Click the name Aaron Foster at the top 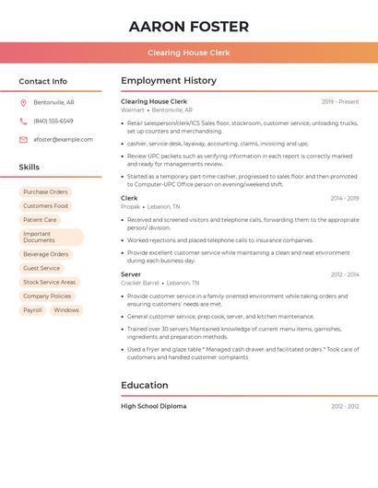pyautogui.click(x=189, y=26)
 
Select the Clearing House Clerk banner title pyautogui.click(x=189, y=53)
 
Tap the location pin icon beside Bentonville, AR pyautogui.click(x=23, y=102)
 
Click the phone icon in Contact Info pyautogui.click(x=23, y=121)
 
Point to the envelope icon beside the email pyautogui.click(x=23, y=139)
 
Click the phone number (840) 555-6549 pyautogui.click(x=53, y=121)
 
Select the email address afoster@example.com pyautogui.click(x=63, y=139)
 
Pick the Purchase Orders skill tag pyautogui.click(x=45, y=192)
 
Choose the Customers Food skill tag pyautogui.click(x=45, y=205)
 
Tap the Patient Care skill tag pyautogui.click(x=40, y=219)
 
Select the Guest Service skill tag pyautogui.click(x=41, y=268)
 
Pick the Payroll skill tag pyautogui.click(x=32, y=310)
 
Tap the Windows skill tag pyautogui.click(x=66, y=310)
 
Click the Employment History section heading pyautogui.click(x=169, y=81)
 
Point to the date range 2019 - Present pyautogui.click(x=340, y=101)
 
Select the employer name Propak pyautogui.click(x=131, y=207)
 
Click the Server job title pyautogui.click(x=131, y=274)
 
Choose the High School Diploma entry pyautogui.click(x=153, y=406)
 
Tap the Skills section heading pyautogui.click(x=30, y=167)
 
